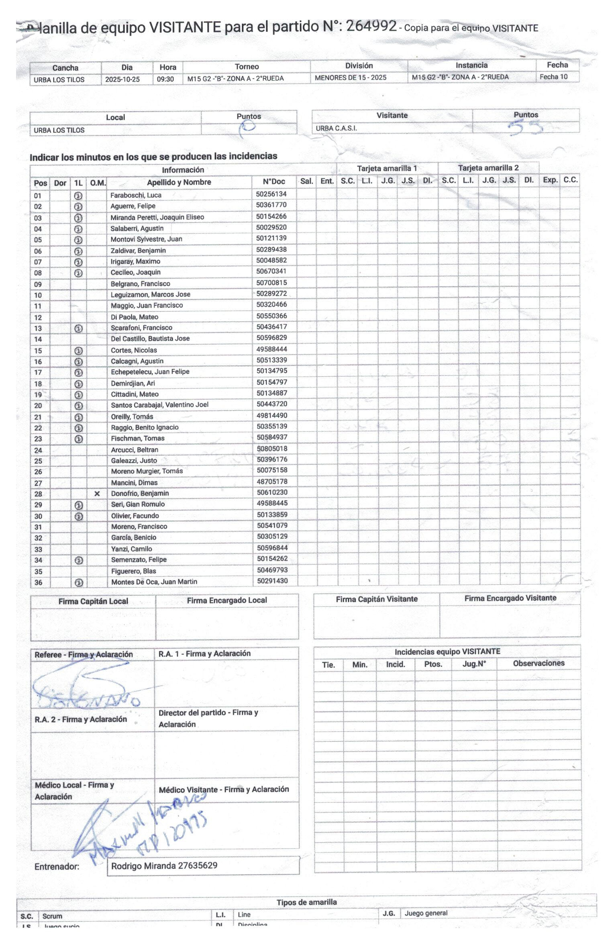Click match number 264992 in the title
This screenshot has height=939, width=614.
[371, 26]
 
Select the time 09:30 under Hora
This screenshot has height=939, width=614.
[165, 79]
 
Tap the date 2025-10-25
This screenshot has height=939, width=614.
[122, 80]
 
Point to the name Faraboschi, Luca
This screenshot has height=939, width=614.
[136, 195]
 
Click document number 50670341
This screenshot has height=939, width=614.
[271, 271]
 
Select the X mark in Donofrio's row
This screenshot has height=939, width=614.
[97, 494]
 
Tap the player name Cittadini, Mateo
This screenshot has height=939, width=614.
[135, 394]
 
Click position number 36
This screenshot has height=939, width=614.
[38, 582]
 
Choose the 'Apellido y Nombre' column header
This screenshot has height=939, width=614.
[179, 182]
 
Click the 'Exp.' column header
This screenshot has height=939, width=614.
[550, 180]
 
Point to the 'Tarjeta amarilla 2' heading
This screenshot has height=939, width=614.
[488, 168]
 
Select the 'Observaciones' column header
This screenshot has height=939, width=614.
[538, 663]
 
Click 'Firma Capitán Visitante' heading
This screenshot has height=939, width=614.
[376, 599]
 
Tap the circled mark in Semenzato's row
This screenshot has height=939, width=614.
[79, 560]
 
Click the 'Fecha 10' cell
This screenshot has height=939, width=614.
[553, 77]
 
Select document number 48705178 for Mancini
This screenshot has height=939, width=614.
[272, 482]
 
